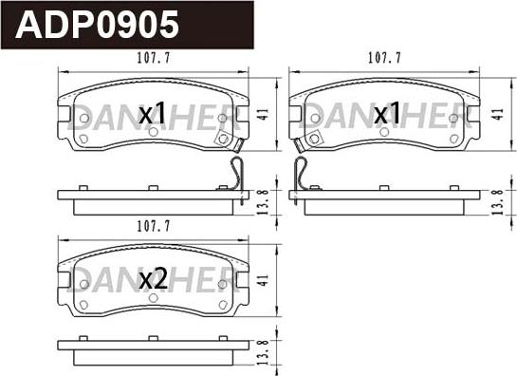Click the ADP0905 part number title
97,25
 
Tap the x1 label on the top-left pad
152,113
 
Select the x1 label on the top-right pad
387,113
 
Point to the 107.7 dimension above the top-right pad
384,58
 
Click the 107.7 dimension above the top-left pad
154,58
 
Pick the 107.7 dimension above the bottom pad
154,226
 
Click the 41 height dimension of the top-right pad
499,114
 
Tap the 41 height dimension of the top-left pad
264,114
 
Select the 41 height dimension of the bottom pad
264,281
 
